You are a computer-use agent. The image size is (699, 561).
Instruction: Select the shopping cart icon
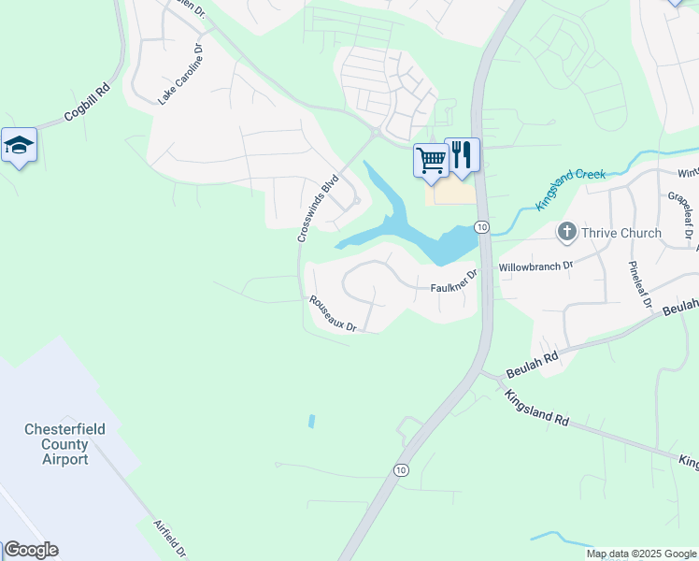[x=431, y=160]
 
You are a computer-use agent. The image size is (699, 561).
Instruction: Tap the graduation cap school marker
[x=19, y=145]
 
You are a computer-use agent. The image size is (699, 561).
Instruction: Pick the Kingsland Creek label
[x=570, y=188]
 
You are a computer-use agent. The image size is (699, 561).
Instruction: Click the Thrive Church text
[x=621, y=233]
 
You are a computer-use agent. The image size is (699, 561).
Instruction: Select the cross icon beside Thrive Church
[x=566, y=231]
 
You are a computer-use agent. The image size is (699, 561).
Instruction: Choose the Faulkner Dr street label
[x=454, y=281]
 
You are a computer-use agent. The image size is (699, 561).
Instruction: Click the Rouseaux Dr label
[x=334, y=314]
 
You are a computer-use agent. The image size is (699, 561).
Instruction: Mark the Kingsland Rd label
[x=536, y=409]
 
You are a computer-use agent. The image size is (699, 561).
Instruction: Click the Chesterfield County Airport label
[x=64, y=444]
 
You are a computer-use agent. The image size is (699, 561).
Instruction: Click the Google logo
[x=31, y=550]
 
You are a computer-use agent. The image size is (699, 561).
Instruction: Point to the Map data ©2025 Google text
[x=641, y=554]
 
